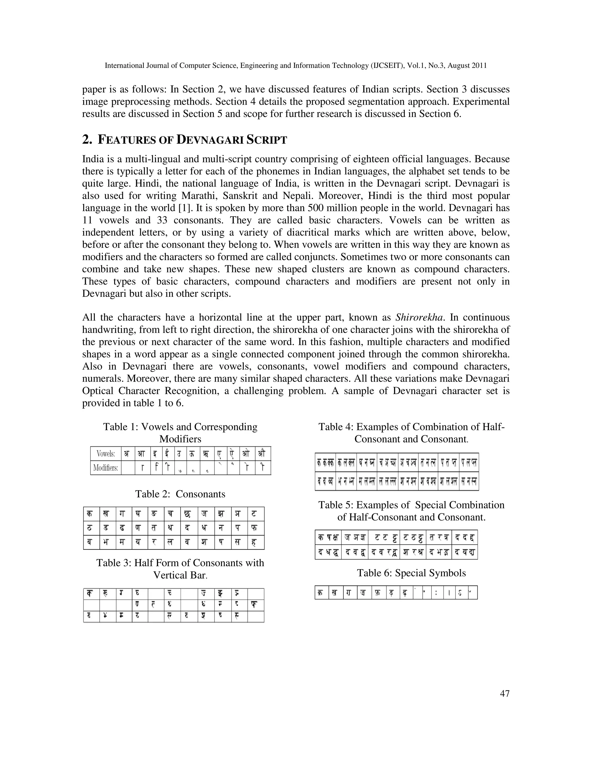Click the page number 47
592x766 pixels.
tap(504, 693)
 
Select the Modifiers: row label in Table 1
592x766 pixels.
tap(106, 468)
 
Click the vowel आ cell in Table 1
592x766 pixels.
tap(141, 454)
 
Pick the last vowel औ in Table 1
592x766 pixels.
tap(262, 454)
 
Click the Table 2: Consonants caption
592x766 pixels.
tap(180, 494)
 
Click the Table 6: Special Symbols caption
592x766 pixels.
tap(411, 573)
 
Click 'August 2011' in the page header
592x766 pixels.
tap(469, 66)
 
